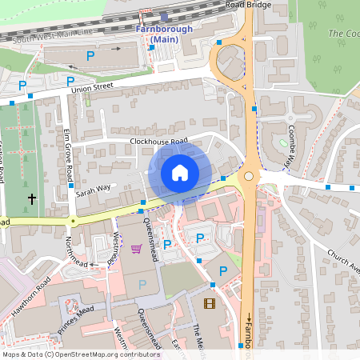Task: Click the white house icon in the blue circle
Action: (x=180, y=172)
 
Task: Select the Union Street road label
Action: (x=93, y=88)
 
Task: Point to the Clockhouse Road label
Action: (x=158, y=141)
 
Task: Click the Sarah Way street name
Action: (x=93, y=190)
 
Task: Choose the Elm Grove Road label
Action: (x=68, y=155)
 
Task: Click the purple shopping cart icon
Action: (x=136, y=249)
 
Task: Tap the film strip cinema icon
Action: (x=210, y=302)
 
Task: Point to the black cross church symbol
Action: (x=32, y=197)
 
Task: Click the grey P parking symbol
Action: (x=142, y=283)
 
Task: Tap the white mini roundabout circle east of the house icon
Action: (x=249, y=176)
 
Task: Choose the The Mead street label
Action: (x=197, y=334)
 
